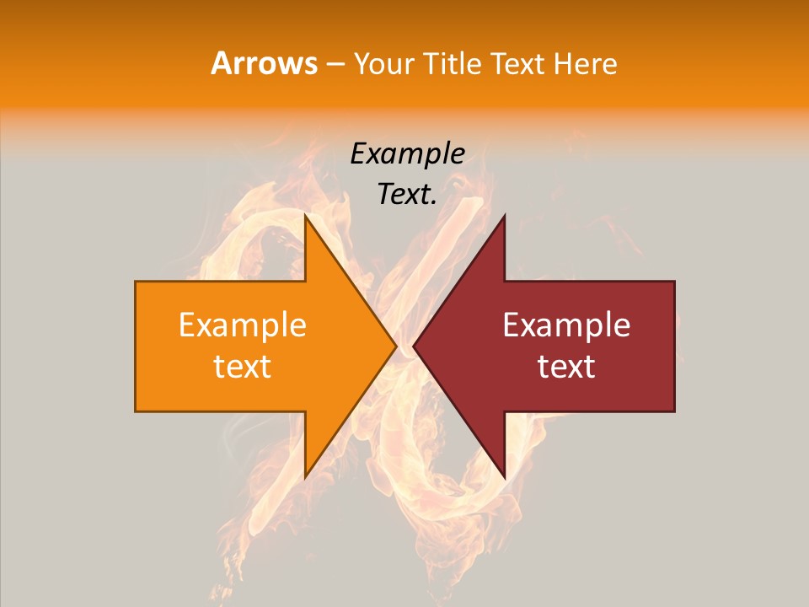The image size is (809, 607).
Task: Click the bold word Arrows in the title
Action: [x=265, y=63]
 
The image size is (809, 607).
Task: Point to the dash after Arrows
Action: [x=334, y=64]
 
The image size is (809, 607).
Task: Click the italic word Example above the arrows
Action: [x=407, y=153]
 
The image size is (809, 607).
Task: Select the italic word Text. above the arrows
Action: [x=407, y=194]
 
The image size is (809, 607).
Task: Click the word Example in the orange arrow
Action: [x=242, y=325]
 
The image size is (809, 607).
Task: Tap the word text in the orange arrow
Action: [x=242, y=367]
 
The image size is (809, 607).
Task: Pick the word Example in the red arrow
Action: [x=566, y=325]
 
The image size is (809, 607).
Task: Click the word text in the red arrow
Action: [x=566, y=367]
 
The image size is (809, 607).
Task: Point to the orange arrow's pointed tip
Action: [x=395, y=346]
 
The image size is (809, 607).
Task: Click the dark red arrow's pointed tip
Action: [x=414, y=346]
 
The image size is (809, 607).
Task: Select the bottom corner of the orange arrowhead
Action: [x=305, y=477]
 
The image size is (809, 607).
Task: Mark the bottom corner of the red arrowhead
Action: [x=504, y=477]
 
